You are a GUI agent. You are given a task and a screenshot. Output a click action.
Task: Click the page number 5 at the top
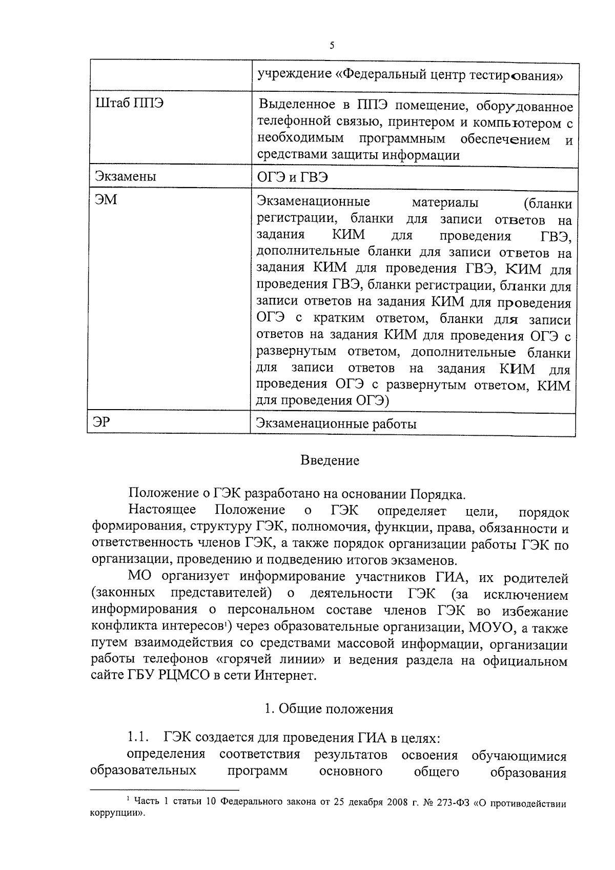332,46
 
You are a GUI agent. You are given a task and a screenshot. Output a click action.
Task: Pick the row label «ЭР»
103,422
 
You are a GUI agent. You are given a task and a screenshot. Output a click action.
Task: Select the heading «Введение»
330,460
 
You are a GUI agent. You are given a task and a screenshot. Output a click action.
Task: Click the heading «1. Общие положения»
329,709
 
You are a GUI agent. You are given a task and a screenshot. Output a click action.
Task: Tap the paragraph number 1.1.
138,738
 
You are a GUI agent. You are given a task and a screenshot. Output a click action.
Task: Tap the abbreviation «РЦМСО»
175,676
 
